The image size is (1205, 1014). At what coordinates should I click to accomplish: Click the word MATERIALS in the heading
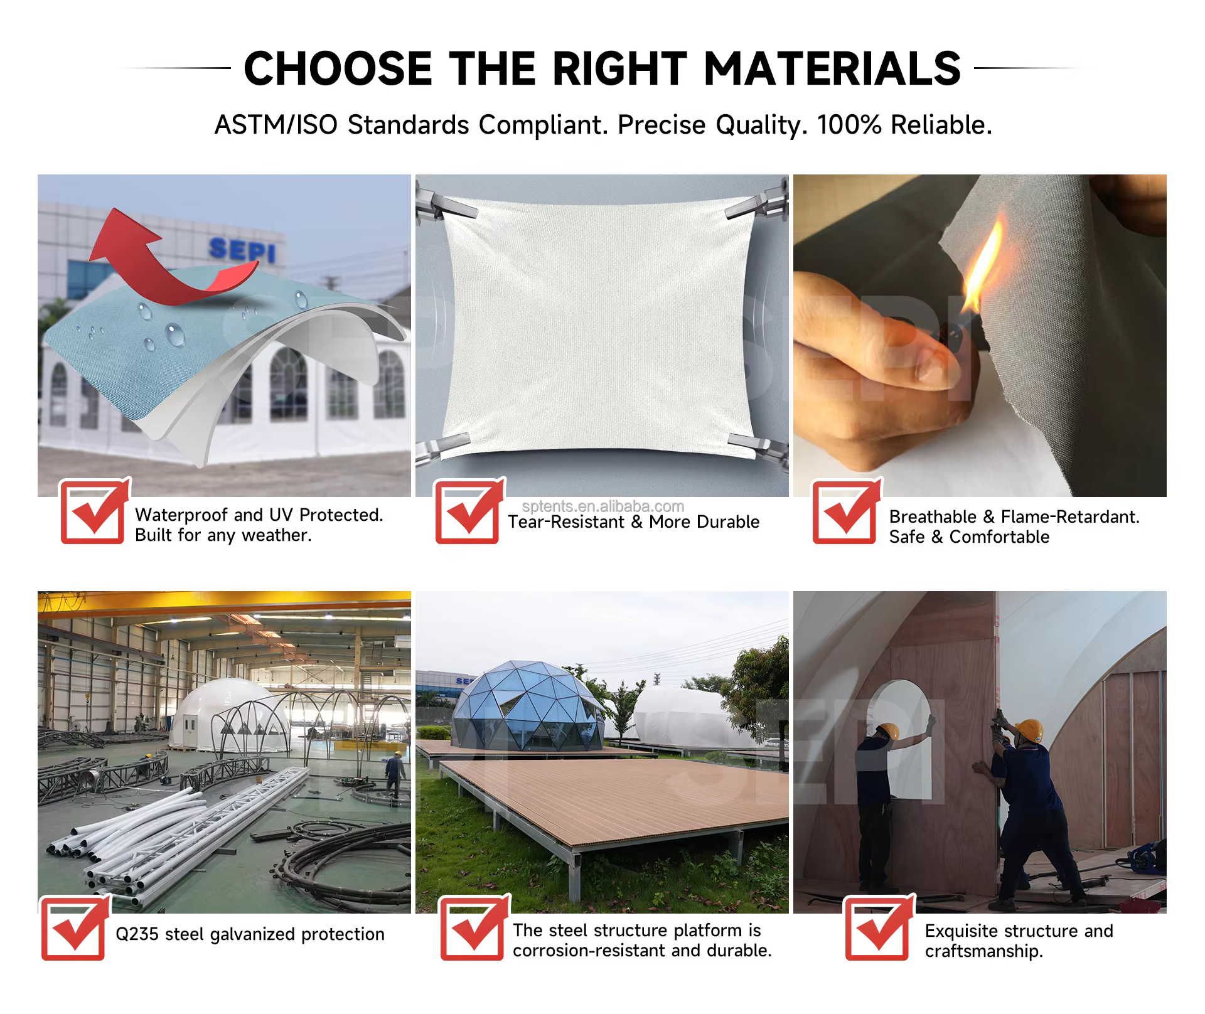click(832, 68)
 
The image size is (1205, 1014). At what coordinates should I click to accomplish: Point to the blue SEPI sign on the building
click(242, 250)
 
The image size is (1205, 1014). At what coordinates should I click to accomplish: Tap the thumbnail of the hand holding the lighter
click(980, 336)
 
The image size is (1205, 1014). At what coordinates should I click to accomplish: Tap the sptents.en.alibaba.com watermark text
click(603, 506)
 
